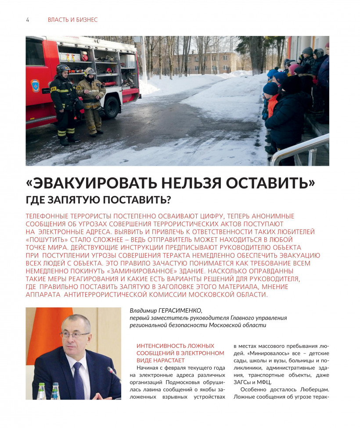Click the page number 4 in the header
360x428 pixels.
pos(28,20)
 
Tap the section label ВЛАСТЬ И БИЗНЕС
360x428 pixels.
pos(72,20)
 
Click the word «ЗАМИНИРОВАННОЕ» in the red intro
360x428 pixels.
pos(140,271)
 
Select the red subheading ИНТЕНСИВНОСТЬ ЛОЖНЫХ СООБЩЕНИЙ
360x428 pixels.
pos(180,349)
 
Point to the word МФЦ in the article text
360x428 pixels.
pos(263,382)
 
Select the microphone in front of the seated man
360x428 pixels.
pos(112,373)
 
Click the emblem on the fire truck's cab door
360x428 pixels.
pos(34,86)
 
